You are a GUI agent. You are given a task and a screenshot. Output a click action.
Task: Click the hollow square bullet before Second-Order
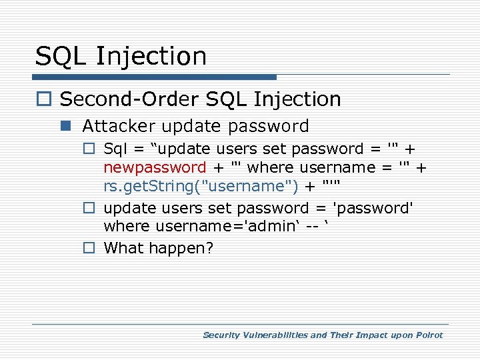[45, 100]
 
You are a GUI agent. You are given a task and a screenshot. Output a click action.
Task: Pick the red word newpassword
[155, 167]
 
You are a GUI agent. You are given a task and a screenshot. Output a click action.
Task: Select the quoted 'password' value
[373, 208]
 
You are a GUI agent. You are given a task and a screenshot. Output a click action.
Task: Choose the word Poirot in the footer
[428, 335]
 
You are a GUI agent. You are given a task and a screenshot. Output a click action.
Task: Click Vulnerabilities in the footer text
[275, 335]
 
